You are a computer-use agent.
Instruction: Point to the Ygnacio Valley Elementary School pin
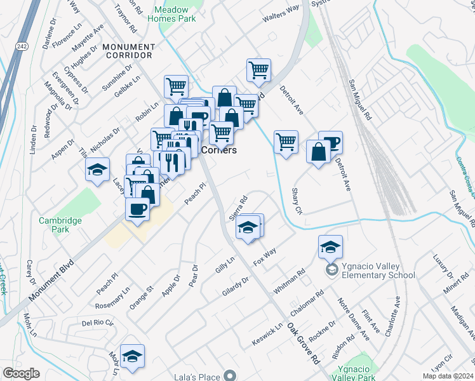(331, 271)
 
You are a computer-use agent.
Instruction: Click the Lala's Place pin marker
(231, 376)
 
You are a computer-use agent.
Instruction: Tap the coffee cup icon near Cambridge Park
(137, 208)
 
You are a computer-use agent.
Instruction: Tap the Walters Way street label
(281, 13)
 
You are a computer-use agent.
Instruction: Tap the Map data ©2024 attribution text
(448, 376)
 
